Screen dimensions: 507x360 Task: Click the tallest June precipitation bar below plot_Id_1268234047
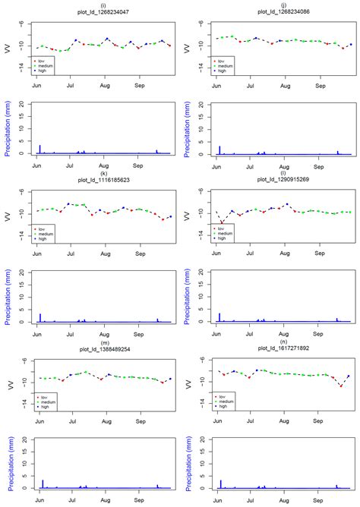pyautogui.click(x=40, y=150)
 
